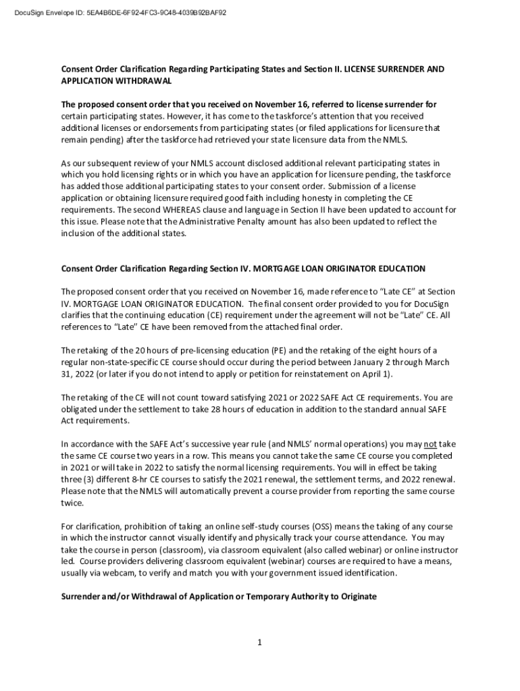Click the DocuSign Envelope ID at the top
click(115, 12)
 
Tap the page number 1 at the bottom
click(259, 642)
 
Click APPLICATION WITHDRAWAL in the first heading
click(116, 81)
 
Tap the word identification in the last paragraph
click(359, 573)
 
